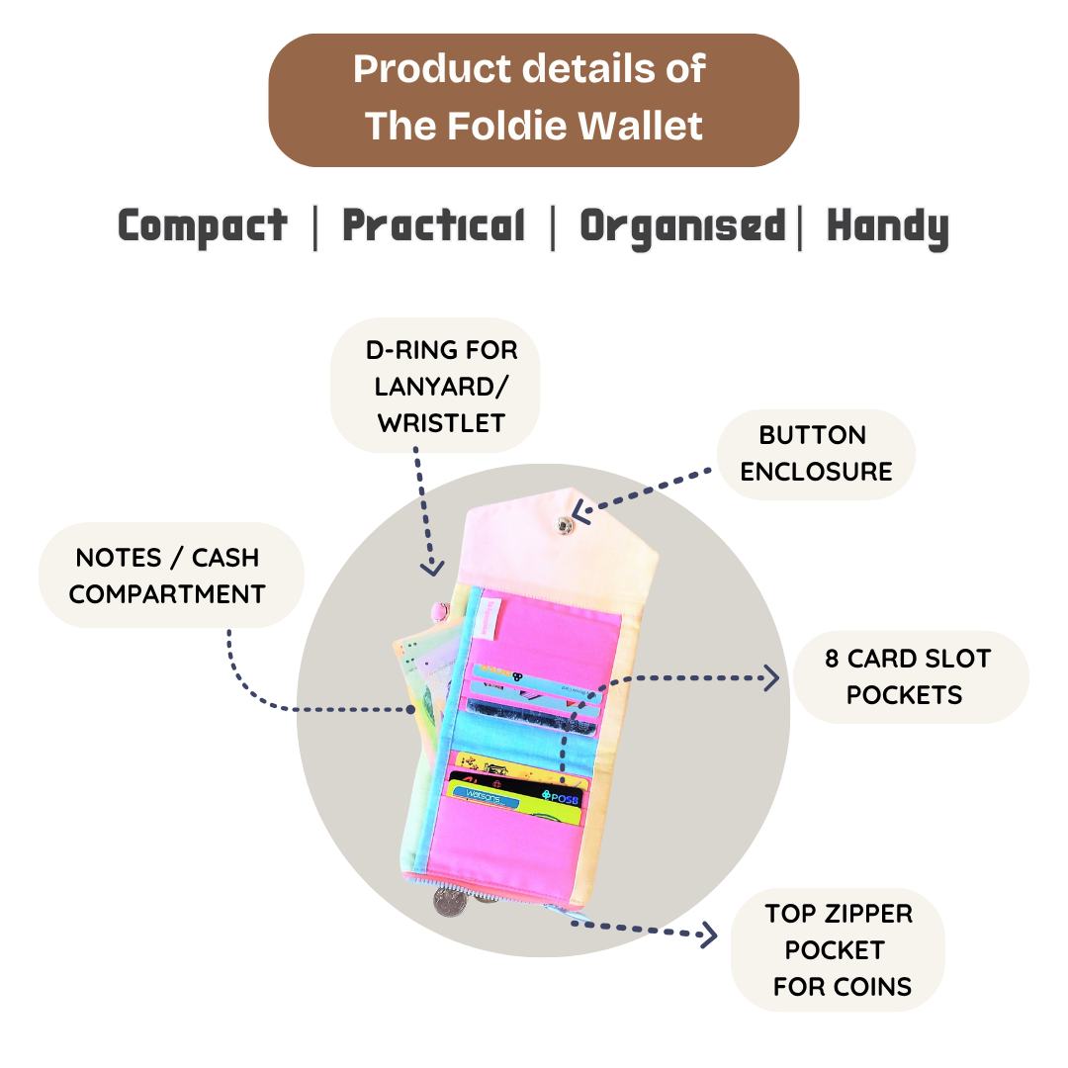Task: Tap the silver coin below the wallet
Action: pyautogui.click(x=449, y=899)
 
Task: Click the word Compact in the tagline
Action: pyautogui.click(x=203, y=226)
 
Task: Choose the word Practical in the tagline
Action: pyautogui.click(x=433, y=226)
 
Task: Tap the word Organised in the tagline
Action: pyautogui.click(x=682, y=226)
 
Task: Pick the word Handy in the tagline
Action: pyautogui.click(x=887, y=226)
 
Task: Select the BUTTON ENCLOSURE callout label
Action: pyautogui.click(x=816, y=453)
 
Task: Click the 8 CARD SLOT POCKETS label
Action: pyautogui.click(x=907, y=676)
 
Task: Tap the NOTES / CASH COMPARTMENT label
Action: pyautogui.click(x=168, y=575)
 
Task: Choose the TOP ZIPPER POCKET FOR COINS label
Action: pyautogui.click(x=839, y=949)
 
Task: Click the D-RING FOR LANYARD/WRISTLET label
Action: pyautogui.click(x=439, y=386)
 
